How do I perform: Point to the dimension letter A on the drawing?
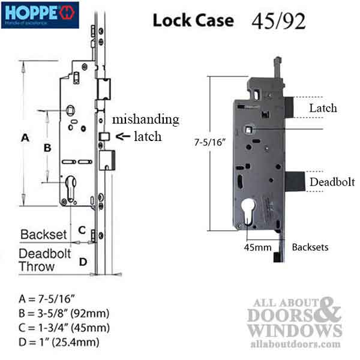click(x=25, y=138)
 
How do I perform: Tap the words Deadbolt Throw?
click(x=44, y=260)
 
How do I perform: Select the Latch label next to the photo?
click(x=323, y=108)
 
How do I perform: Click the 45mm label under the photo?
click(x=258, y=246)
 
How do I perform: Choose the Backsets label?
click(x=310, y=247)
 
